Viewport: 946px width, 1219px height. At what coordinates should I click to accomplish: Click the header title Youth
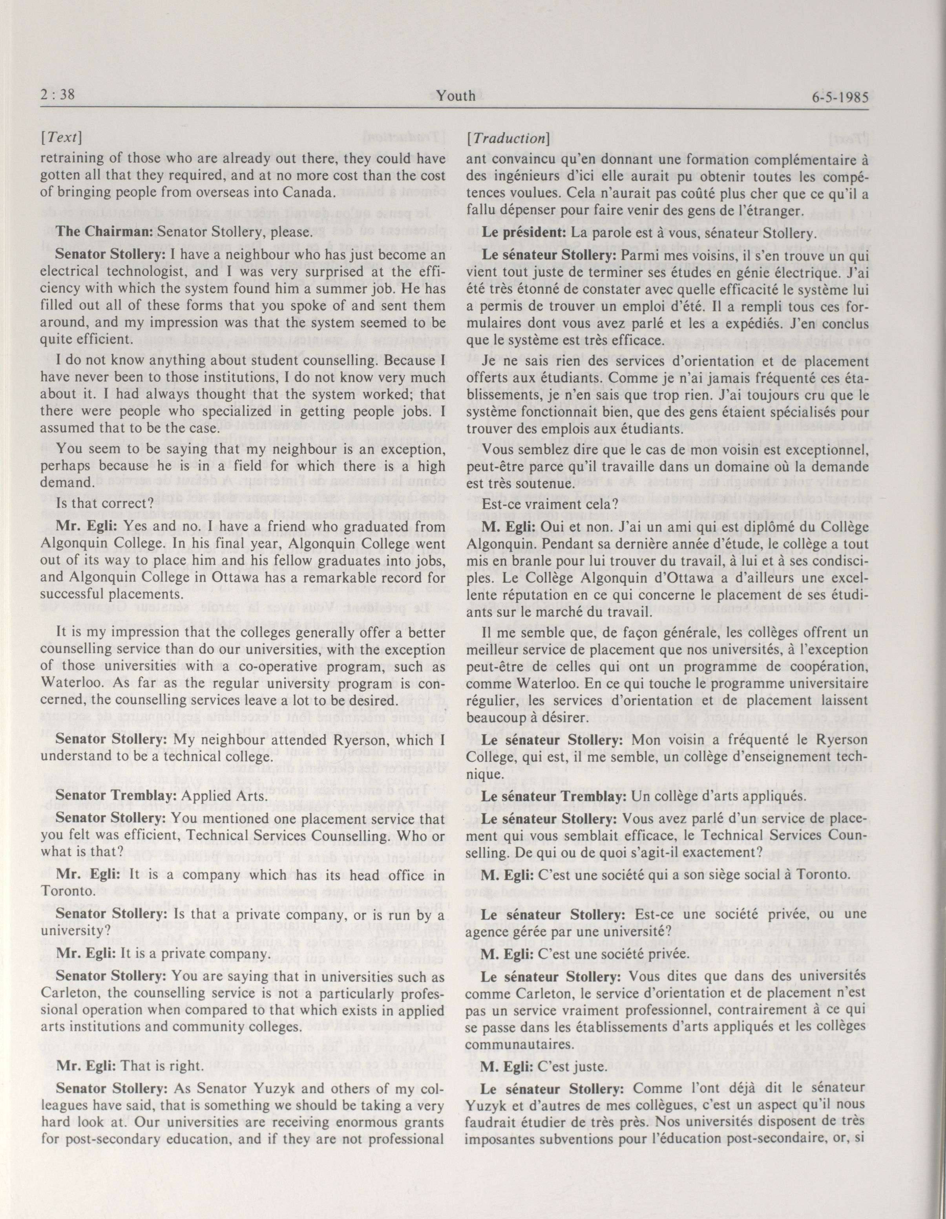point(456,96)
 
